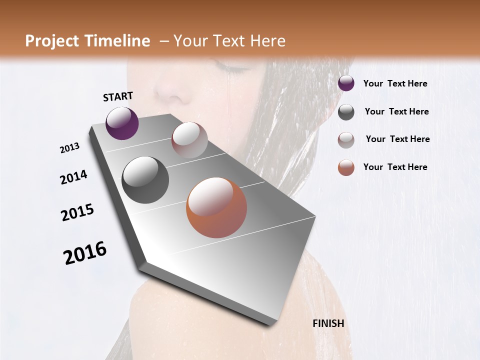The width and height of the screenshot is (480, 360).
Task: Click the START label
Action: coord(118,96)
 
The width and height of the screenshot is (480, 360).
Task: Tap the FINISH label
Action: coord(328,323)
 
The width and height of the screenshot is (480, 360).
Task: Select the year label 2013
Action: coord(69,148)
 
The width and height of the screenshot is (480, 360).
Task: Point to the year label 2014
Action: coord(73,177)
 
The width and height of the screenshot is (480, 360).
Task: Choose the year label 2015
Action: coord(77,212)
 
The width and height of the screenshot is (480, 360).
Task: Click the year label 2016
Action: coord(85,253)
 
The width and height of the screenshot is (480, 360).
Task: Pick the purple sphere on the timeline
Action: coord(122,123)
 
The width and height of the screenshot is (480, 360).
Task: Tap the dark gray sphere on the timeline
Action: coord(145,180)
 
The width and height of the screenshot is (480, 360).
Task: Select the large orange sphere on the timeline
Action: coord(216,207)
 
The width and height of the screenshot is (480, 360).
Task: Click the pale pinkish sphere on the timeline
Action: coord(189,140)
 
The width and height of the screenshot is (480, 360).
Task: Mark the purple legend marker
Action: coord(346,83)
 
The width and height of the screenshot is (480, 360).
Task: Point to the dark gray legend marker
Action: coord(346,112)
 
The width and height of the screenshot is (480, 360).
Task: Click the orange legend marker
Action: coord(346,167)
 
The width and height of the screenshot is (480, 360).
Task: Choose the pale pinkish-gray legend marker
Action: coord(346,139)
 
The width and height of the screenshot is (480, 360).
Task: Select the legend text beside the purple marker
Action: coord(395,83)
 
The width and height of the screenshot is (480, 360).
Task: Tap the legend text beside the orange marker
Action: coord(395,167)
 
